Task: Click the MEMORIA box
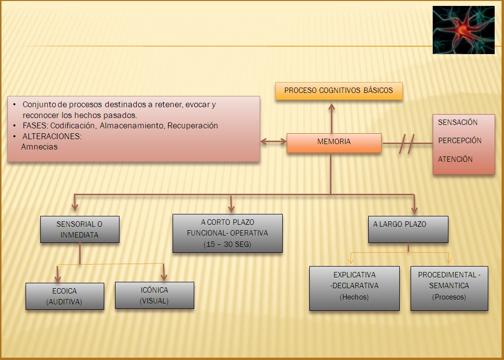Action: click(334, 142)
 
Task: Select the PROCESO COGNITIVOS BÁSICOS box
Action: click(339, 91)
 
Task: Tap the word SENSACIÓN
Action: click(458, 122)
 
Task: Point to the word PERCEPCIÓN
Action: click(460, 141)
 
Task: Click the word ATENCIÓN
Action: click(455, 159)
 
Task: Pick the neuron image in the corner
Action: click(463, 30)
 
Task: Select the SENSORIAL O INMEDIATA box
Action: click(80, 229)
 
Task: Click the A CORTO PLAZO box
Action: click(227, 233)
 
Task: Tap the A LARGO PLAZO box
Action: click(408, 229)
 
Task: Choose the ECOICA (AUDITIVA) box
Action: click(65, 296)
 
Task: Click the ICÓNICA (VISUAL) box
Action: click(154, 295)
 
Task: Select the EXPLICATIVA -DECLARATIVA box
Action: click(354, 288)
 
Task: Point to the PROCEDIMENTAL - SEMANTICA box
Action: click(449, 288)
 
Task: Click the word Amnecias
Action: click(39, 147)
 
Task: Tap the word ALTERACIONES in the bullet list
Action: click(52, 136)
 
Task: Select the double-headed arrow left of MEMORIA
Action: click(273, 142)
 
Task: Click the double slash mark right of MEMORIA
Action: click(407, 144)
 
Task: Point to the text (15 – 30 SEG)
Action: click(227, 244)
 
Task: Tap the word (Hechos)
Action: click(354, 297)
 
